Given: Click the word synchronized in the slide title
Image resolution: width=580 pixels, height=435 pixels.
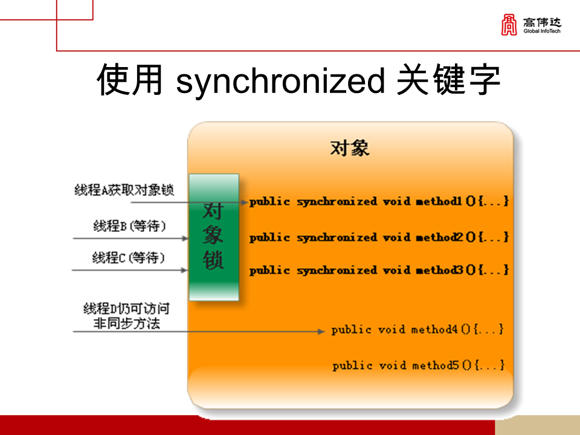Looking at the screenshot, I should (x=280, y=81).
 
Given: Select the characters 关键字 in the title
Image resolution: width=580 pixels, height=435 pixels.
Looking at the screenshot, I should (x=448, y=81).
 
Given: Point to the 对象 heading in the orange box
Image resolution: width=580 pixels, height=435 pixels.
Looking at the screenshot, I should (x=350, y=148).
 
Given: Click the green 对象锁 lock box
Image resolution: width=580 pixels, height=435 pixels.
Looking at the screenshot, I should (x=213, y=237).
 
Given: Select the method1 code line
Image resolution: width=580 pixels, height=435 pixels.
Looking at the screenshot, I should (x=379, y=201).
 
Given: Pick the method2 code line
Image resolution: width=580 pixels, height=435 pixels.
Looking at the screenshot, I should (x=379, y=237).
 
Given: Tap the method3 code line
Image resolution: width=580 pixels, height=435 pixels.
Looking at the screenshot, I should (x=379, y=270).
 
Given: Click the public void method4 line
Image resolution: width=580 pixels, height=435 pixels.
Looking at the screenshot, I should (x=417, y=330).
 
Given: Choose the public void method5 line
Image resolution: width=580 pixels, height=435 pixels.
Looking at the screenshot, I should (x=418, y=366).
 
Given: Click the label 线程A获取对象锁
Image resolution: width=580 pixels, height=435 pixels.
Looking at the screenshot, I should (x=124, y=190).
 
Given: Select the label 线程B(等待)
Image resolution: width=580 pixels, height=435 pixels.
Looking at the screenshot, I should (x=129, y=226).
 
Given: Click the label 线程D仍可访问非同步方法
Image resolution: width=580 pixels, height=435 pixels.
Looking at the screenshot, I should (x=126, y=316).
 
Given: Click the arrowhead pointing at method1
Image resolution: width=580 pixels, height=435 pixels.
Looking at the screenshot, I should (x=244, y=202).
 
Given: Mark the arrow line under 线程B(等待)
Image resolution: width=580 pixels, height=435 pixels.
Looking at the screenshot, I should (x=130, y=238).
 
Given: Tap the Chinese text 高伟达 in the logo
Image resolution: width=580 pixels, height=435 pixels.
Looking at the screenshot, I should (x=542, y=22).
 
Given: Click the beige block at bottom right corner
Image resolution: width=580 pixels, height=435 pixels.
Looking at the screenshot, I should (x=537, y=425).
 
